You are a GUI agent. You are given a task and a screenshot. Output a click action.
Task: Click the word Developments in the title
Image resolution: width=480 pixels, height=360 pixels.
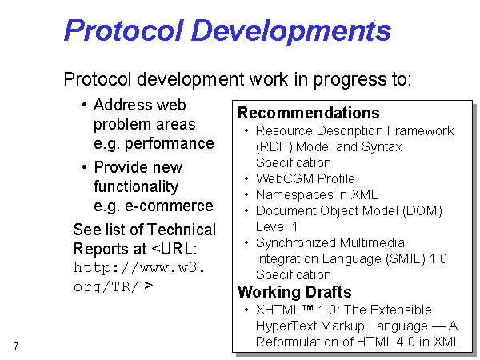[x=291, y=30]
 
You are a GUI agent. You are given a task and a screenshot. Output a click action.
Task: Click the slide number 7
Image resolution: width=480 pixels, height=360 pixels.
[x=16, y=346]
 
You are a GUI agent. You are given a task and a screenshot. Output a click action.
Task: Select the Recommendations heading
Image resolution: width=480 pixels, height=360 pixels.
[x=309, y=113]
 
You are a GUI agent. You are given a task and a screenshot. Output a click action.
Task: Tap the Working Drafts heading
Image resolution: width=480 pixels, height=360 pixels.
[x=294, y=292]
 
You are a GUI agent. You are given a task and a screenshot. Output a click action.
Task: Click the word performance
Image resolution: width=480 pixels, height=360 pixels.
[x=170, y=144]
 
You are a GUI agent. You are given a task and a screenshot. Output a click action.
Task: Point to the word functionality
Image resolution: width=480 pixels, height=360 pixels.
[x=136, y=186]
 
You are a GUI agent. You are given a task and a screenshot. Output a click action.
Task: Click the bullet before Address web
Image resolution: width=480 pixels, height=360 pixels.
[x=85, y=106]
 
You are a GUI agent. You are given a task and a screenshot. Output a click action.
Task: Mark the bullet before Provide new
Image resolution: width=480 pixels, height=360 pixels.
[x=85, y=167]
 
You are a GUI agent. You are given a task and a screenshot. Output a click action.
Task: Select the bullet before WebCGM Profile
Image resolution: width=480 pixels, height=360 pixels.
[x=246, y=178]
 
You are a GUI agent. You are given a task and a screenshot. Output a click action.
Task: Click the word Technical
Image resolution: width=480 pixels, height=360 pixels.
[x=182, y=230]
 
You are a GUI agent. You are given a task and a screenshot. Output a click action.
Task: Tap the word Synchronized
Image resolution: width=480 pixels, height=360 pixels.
[x=296, y=243]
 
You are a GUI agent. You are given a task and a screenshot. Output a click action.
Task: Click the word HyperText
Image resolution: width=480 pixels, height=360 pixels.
[x=286, y=326]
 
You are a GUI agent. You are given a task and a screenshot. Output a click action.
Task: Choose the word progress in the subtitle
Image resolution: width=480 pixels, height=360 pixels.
[x=350, y=79]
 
